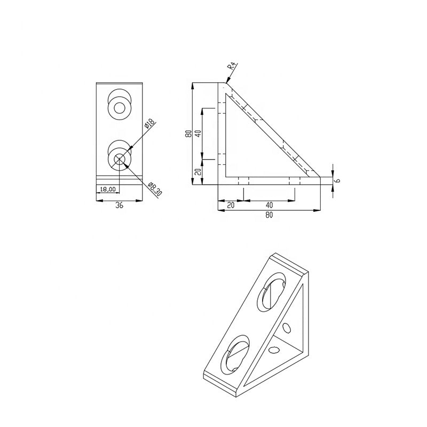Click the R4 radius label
(232, 66)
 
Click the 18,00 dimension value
(108, 189)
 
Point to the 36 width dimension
(119, 205)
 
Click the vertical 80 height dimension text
(188, 134)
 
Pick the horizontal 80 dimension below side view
(269, 215)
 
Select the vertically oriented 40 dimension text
(198, 133)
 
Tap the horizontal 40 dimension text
(269, 205)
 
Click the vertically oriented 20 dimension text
(198, 171)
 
